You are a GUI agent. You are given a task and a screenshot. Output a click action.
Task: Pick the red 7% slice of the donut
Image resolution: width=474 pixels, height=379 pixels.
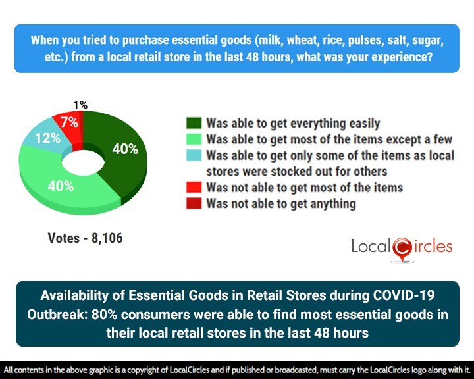tap(72, 122)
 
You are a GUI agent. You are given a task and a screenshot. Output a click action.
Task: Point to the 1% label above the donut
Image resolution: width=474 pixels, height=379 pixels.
tap(80, 104)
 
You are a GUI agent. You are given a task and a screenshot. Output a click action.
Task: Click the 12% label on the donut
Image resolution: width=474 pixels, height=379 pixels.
tap(42, 138)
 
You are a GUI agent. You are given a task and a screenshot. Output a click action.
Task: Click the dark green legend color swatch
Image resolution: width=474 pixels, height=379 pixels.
tap(194, 123)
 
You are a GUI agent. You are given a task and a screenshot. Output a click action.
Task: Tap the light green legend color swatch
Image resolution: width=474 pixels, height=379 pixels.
tap(194, 139)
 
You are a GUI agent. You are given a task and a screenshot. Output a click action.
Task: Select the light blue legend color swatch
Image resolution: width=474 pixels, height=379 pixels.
tap(194, 155)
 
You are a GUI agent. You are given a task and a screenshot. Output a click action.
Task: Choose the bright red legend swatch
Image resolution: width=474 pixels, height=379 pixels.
tap(194, 188)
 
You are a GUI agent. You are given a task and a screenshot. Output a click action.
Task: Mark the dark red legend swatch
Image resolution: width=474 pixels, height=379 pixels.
tap(194, 203)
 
